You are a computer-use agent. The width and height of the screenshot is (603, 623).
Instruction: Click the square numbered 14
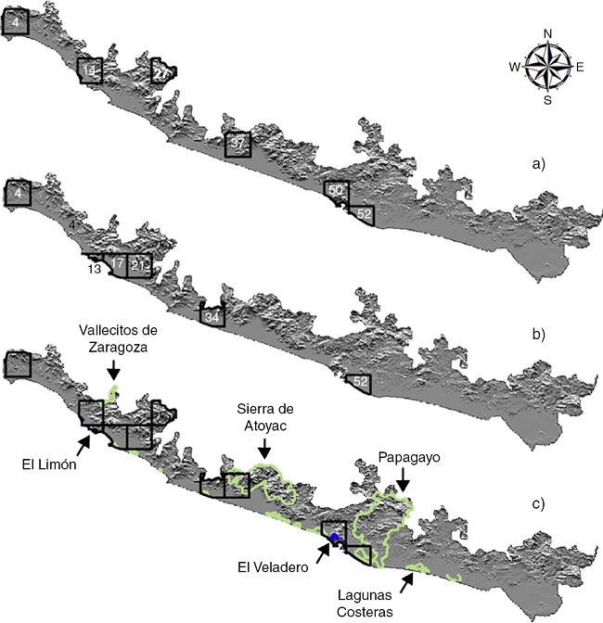pos(89,71)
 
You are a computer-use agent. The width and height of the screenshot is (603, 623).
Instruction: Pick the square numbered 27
pos(162,71)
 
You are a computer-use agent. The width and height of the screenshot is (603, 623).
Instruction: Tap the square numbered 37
pos(238,144)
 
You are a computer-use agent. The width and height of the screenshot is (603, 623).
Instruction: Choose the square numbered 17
pos(118,265)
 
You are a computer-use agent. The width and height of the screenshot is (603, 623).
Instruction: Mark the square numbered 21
pos(138,265)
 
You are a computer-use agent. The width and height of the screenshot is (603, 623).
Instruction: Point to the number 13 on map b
pos(95,270)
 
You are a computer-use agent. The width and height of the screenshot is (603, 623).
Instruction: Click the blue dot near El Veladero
pos(336,539)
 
